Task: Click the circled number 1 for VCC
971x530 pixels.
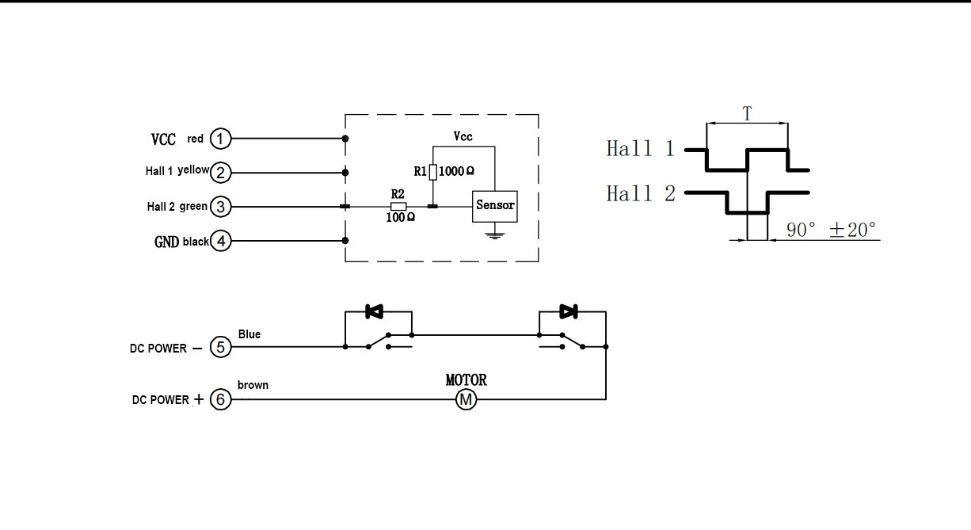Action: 221,139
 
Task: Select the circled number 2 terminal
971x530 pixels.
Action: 221,172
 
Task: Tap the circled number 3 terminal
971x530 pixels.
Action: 221,207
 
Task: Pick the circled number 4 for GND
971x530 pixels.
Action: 221,241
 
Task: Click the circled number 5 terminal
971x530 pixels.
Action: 220,347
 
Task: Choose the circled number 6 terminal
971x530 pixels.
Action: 220,400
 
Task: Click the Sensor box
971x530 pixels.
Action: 494,206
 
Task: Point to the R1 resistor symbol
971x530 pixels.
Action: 433,171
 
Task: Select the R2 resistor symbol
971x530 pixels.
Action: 399,207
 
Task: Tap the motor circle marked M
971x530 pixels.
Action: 466,400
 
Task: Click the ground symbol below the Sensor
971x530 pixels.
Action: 494,234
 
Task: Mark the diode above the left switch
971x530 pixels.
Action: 374,312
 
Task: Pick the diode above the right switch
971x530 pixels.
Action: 568,311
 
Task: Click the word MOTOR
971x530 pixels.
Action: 466,380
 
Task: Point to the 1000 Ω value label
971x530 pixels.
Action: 457,171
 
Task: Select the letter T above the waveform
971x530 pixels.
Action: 746,113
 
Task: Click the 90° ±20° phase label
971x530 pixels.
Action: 831,231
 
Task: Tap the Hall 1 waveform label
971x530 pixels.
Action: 641,149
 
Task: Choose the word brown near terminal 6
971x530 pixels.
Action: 253,385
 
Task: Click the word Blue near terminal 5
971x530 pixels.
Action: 249,334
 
